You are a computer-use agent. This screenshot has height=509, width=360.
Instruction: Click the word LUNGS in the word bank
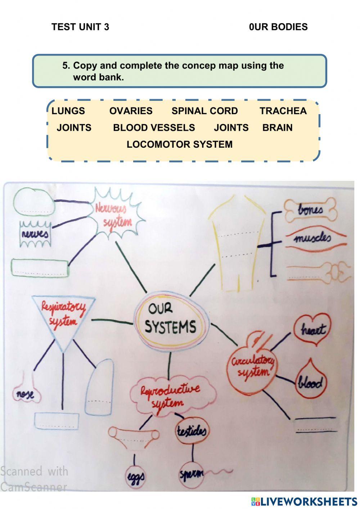[x=68, y=111]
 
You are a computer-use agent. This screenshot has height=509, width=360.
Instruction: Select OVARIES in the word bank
[x=131, y=111]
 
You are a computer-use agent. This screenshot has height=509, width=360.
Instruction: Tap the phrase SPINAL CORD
[x=204, y=111]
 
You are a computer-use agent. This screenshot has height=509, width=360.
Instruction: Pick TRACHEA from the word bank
[x=283, y=111]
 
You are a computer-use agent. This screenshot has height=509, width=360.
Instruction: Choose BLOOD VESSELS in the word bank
[x=154, y=128]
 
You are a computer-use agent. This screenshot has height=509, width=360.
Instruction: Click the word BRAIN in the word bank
[x=277, y=128]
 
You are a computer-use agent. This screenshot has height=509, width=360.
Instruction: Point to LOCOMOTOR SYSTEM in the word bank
[x=179, y=144]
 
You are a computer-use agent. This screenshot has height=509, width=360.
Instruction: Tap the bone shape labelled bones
[x=310, y=210]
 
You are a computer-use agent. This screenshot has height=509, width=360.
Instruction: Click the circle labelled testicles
[x=191, y=430]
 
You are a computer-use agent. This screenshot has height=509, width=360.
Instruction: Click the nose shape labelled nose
[x=25, y=394]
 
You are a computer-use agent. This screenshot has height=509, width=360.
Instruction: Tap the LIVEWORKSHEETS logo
[x=304, y=501]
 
